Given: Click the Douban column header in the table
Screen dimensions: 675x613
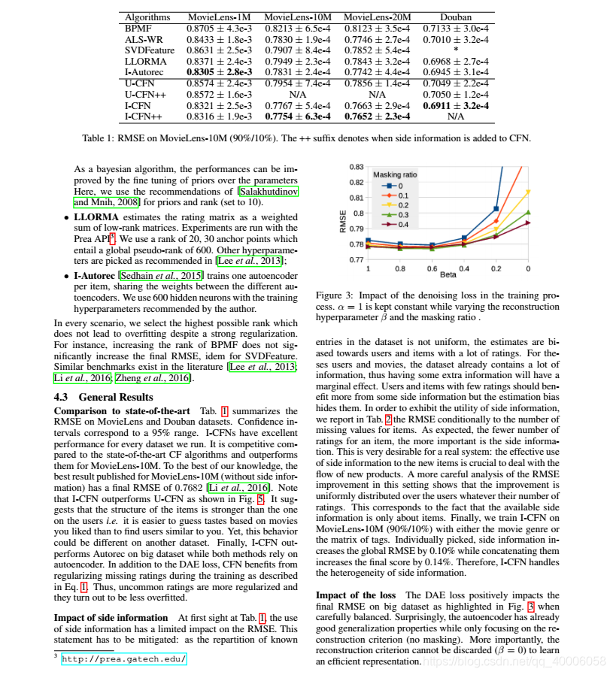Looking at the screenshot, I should pyautogui.click(x=455, y=17).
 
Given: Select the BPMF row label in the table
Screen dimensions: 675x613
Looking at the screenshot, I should pyautogui.click(x=138, y=28).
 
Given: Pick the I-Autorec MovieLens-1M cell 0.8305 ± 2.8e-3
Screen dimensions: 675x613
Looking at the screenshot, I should pyautogui.click(x=219, y=70).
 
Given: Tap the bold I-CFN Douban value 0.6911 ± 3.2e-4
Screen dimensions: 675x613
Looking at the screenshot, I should pyautogui.click(x=455, y=106).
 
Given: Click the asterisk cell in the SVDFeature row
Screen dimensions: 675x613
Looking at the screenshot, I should pyautogui.click(x=455, y=49).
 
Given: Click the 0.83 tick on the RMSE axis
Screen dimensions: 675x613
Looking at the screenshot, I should pyautogui.click(x=357, y=167).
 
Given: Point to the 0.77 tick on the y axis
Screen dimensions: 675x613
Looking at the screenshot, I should pyautogui.click(x=357, y=259).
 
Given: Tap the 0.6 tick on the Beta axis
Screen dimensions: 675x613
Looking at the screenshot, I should pyautogui.click(x=432, y=268).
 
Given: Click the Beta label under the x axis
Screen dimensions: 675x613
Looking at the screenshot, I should pyautogui.click(x=448, y=274).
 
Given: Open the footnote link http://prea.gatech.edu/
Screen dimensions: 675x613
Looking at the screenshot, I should pyautogui.click(x=123, y=658).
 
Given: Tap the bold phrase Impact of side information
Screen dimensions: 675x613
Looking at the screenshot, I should pyautogui.click(x=111, y=618).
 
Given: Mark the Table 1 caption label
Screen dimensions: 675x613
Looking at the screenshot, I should pyautogui.click(x=103, y=138).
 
